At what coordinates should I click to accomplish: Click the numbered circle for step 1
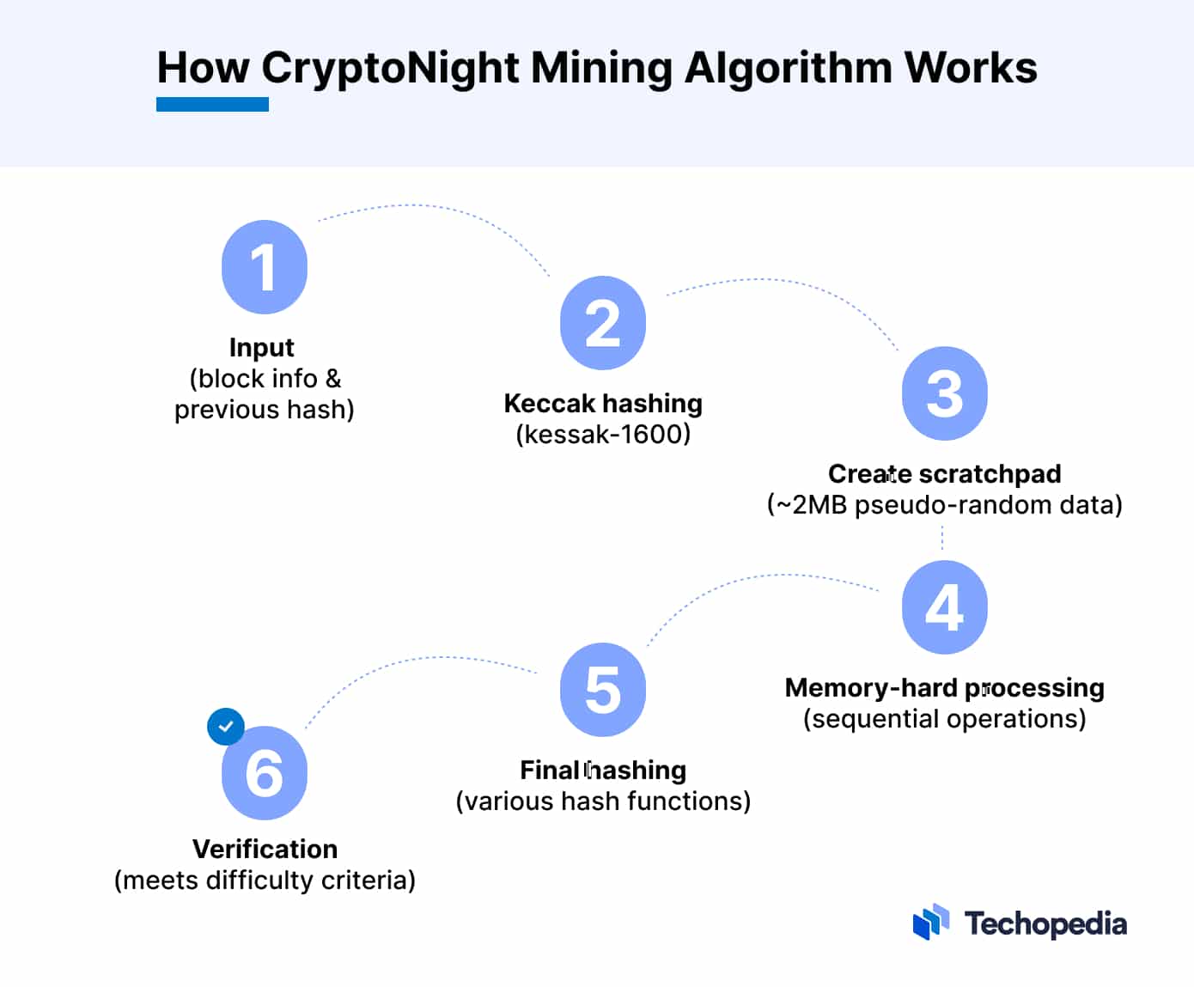point(265,267)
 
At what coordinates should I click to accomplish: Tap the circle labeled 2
point(602,323)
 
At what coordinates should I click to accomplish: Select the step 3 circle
point(944,393)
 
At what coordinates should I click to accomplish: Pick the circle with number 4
point(944,607)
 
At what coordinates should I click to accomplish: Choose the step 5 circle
point(602,690)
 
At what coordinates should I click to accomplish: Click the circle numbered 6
point(265,773)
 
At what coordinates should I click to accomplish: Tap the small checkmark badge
point(226,727)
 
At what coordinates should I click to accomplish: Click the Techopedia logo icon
point(931,923)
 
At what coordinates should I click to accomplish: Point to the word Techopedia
point(1045,924)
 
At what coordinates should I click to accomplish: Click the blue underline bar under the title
point(212,105)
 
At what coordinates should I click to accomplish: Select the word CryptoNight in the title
point(390,68)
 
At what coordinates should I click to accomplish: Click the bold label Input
point(262,347)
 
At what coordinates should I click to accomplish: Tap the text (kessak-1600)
point(603,435)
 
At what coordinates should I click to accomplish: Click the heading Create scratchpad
point(944,473)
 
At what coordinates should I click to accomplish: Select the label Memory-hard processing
point(944,687)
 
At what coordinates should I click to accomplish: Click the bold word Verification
point(265,849)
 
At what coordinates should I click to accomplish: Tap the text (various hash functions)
point(603,801)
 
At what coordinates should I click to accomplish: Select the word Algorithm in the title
point(788,68)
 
